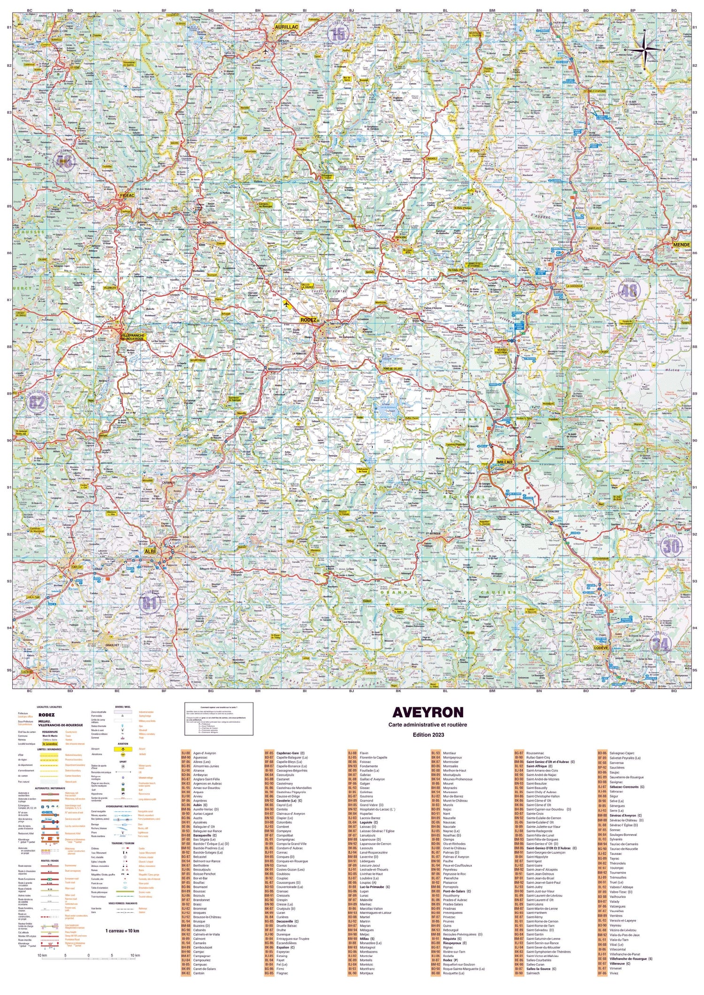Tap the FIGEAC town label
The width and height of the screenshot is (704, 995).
[x=127, y=195]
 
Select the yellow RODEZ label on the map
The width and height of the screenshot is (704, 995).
[x=308, y=320]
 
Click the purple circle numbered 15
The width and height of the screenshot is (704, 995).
[x=338, y=34]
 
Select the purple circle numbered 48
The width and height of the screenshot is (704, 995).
[x=629, y=291]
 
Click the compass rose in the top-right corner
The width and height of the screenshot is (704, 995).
[x=644, y=48]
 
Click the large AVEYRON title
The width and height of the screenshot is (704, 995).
[x=428, y=712]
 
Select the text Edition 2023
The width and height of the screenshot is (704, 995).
[x=428, y=735]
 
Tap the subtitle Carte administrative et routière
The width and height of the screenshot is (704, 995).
[x=428, y=725]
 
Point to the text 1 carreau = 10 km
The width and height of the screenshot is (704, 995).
[x=122, y=930]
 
